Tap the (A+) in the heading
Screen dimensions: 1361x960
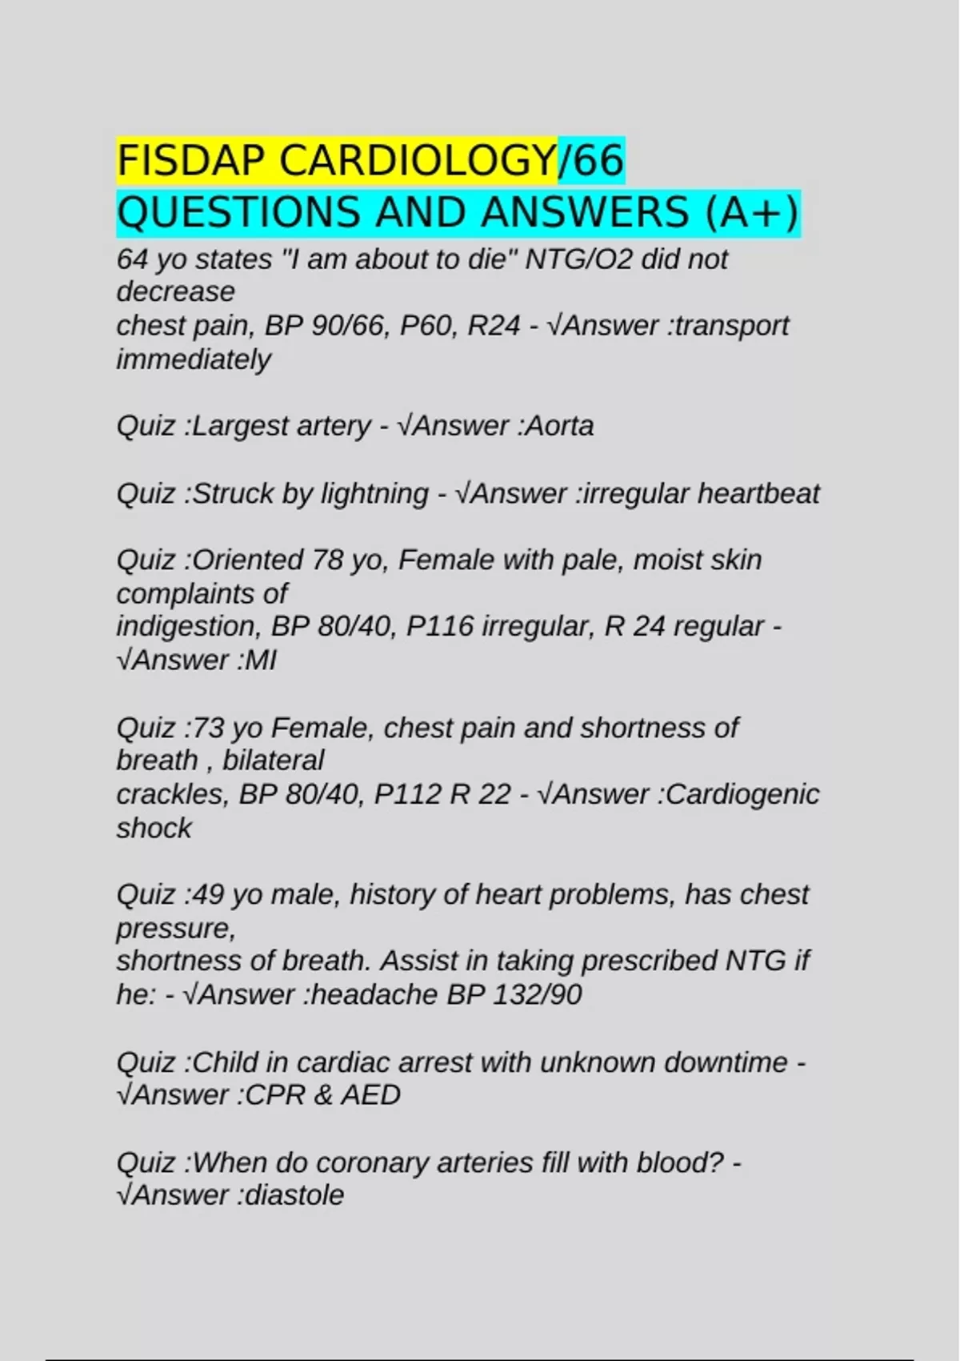coord(752,213)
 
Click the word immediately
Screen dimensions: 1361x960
coord(194,359)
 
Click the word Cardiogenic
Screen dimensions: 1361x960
coord(742,794)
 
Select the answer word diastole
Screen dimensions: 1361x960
coord(294,1195)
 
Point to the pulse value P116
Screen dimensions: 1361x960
coord(440,626)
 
